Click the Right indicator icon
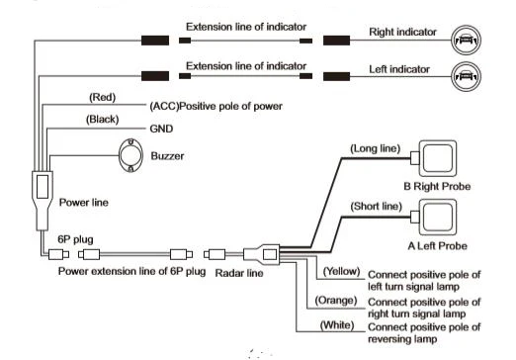click(x=466, y=41)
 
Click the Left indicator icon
click(x=466, y=76)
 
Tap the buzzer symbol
click(x=130, y=155)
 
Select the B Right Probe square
click(x=438, y=158)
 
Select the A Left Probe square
click(x=438, y=217)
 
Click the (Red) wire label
click(x=102, y=97)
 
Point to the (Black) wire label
click(x=102, y=119)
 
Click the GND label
click(x=161, y=129)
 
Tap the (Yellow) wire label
click(x=341, y=271)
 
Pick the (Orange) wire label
click(x=336, y=300)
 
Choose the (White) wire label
click(x=337, y=325)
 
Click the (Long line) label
click(x=375, y=148)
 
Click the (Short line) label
click(x=376, y=207)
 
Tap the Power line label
click(x=84, y=202)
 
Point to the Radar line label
click(x=239, y=273)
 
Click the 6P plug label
click(x=75, y=239)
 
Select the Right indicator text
click(x=402, y=32)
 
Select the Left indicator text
click(x=399, y=69)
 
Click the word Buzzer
click(x=167, y=155)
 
